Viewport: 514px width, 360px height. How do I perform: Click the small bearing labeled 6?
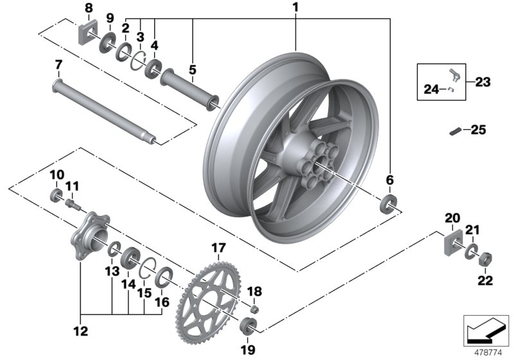[389, 204]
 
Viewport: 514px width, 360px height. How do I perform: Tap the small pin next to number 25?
[454, 132]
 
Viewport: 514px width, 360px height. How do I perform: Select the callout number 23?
[483, 82]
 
